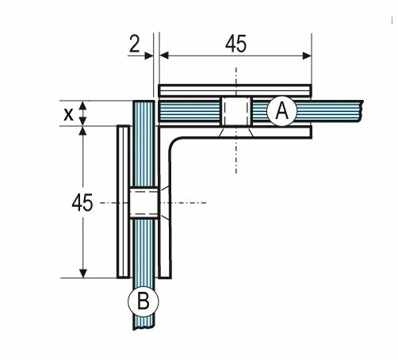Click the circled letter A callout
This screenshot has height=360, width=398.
point(282,111)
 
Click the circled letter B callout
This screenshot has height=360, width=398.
point(144,301)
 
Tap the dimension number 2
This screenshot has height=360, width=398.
point(135,44)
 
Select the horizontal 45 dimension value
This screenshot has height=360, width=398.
point(235,44)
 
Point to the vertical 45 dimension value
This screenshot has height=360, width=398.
point(82,203)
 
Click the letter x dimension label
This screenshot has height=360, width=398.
point(68,114)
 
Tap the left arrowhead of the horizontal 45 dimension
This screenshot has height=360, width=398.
point(164,56)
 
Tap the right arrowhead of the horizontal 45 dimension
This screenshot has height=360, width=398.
point(307,56)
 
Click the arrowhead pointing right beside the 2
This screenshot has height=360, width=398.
point(149,56)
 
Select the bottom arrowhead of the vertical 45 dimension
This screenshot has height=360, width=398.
point(83,274)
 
